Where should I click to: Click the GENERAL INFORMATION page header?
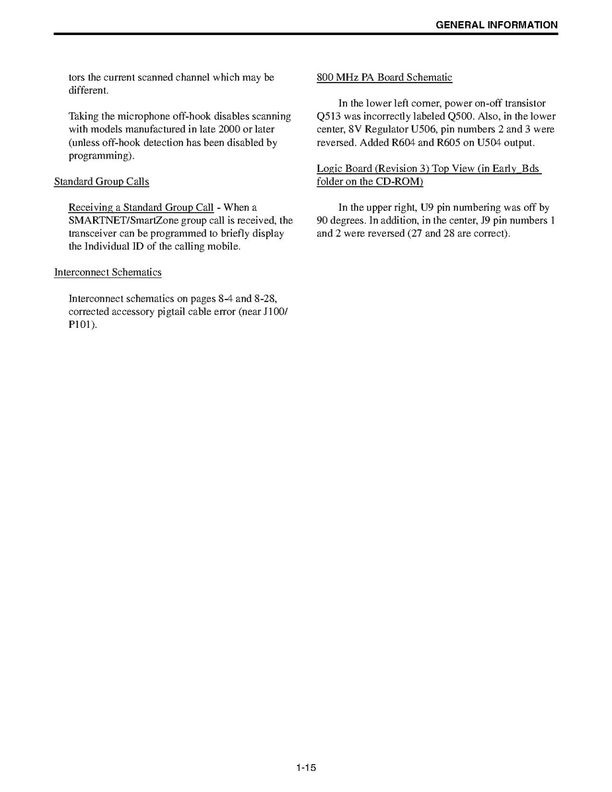(x=496, y=25)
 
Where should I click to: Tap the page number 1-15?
(x=306, y=768)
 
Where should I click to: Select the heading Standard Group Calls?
(x=101, y=181)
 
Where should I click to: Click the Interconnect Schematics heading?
(x=108, y=272)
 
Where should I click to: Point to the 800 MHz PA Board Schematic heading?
(x=384, y=77)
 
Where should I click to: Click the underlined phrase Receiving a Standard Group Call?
(x=141, y=208)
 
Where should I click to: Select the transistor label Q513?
(x=328, y=116)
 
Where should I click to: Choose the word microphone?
(x=137, y=116)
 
